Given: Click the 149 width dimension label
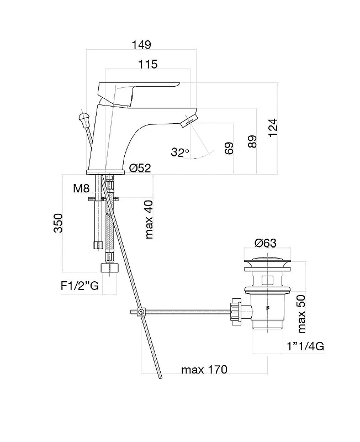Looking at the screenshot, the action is pos(141,45).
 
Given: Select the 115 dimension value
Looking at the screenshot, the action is pos(147,64).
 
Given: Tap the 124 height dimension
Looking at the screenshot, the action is pos(273,128).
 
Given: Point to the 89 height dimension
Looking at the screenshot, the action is pos(252,141).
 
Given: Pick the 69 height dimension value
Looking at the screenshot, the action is pos(229,148).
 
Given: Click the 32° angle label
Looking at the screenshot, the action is pos(179,152).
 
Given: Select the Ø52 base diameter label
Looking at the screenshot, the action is pos(140,168).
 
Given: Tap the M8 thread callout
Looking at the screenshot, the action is pos(81,188).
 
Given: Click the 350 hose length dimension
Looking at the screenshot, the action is pos(59,223).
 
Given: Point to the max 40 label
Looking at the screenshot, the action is pos(149,219).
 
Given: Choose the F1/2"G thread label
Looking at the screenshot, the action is pos(80,286).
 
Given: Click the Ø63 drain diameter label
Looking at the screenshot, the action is pos(266,243).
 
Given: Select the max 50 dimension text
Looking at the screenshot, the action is pos(301,314).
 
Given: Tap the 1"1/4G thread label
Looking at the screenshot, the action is pos(305,346).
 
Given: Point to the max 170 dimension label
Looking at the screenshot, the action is pos(204,369).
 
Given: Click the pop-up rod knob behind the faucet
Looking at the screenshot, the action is pos(84,118).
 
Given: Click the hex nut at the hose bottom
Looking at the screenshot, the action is pos(109,267).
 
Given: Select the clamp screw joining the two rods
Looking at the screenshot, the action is pos(141,312).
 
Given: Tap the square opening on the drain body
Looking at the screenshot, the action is pos(268,281).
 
